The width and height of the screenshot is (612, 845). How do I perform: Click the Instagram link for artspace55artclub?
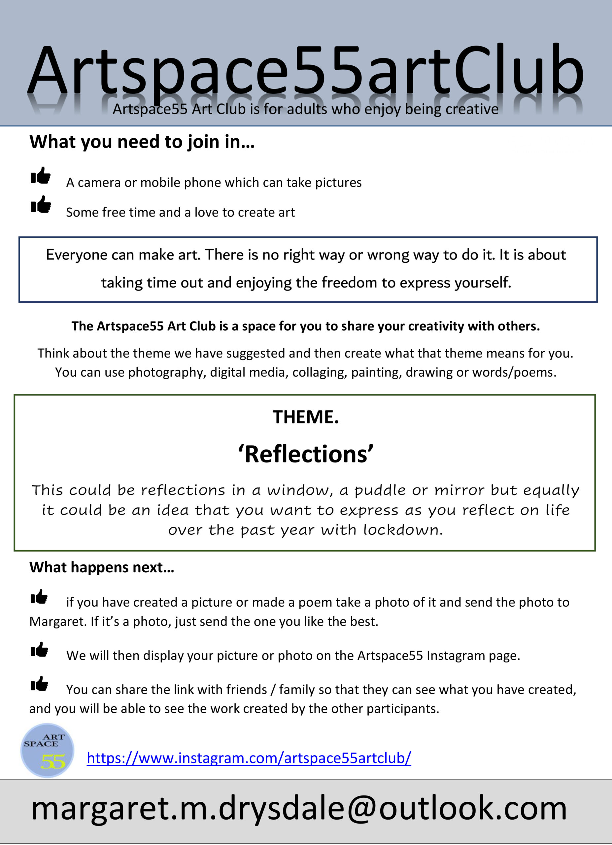coord(249,758)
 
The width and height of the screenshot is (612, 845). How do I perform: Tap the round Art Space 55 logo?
coord(47,750)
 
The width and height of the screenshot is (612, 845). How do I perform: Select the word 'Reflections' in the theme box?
coord(306,455)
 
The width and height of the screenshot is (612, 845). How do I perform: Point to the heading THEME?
coord(306,417)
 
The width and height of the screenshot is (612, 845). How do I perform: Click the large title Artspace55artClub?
coord(305,71)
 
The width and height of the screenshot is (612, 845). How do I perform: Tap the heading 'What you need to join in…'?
coord(142,142)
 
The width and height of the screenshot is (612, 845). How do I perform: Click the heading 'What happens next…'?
coord(102,567)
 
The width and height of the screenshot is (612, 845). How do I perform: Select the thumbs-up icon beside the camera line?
coord(41,176)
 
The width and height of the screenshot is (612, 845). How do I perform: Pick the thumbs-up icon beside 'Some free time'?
coord(41,205)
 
